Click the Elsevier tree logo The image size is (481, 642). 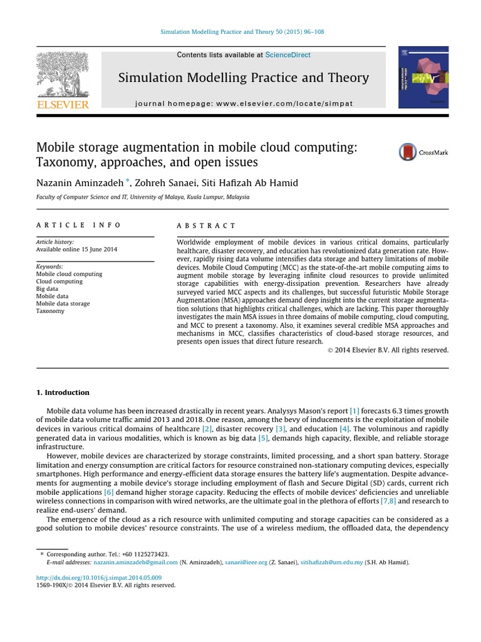pos(62,74)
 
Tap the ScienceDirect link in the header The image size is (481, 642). pos(287,55)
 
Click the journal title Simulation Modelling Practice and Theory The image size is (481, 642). pos(243,78)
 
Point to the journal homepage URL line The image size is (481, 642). pos(244,103)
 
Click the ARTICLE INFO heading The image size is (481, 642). pos(78,226)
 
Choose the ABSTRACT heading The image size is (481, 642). pos(206,226)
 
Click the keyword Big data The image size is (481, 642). pos(48,289)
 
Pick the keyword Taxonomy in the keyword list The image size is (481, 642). pos(50,311)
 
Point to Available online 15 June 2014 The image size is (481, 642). pos(76,249)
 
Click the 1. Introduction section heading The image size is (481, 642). pos(63,392)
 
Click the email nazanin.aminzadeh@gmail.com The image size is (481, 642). pos(132,563)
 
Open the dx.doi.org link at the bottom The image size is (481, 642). pos(99,577)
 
